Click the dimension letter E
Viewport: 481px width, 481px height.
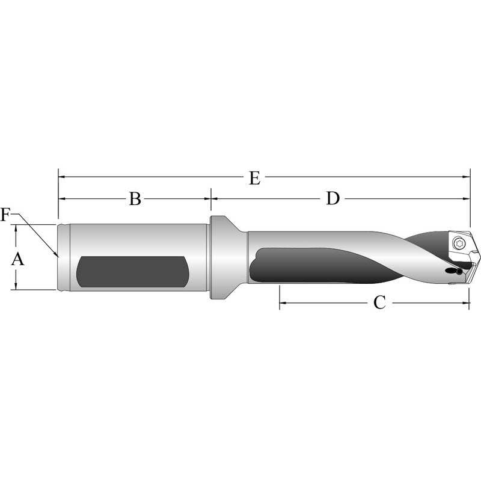254,178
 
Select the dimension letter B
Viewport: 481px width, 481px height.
135,198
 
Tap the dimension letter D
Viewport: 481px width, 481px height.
332,198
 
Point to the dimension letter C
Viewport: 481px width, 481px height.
379,302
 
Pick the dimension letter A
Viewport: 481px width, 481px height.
17,259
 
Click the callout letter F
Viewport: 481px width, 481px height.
5,215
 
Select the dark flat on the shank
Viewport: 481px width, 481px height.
132,271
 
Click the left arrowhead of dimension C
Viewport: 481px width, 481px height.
283,302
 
